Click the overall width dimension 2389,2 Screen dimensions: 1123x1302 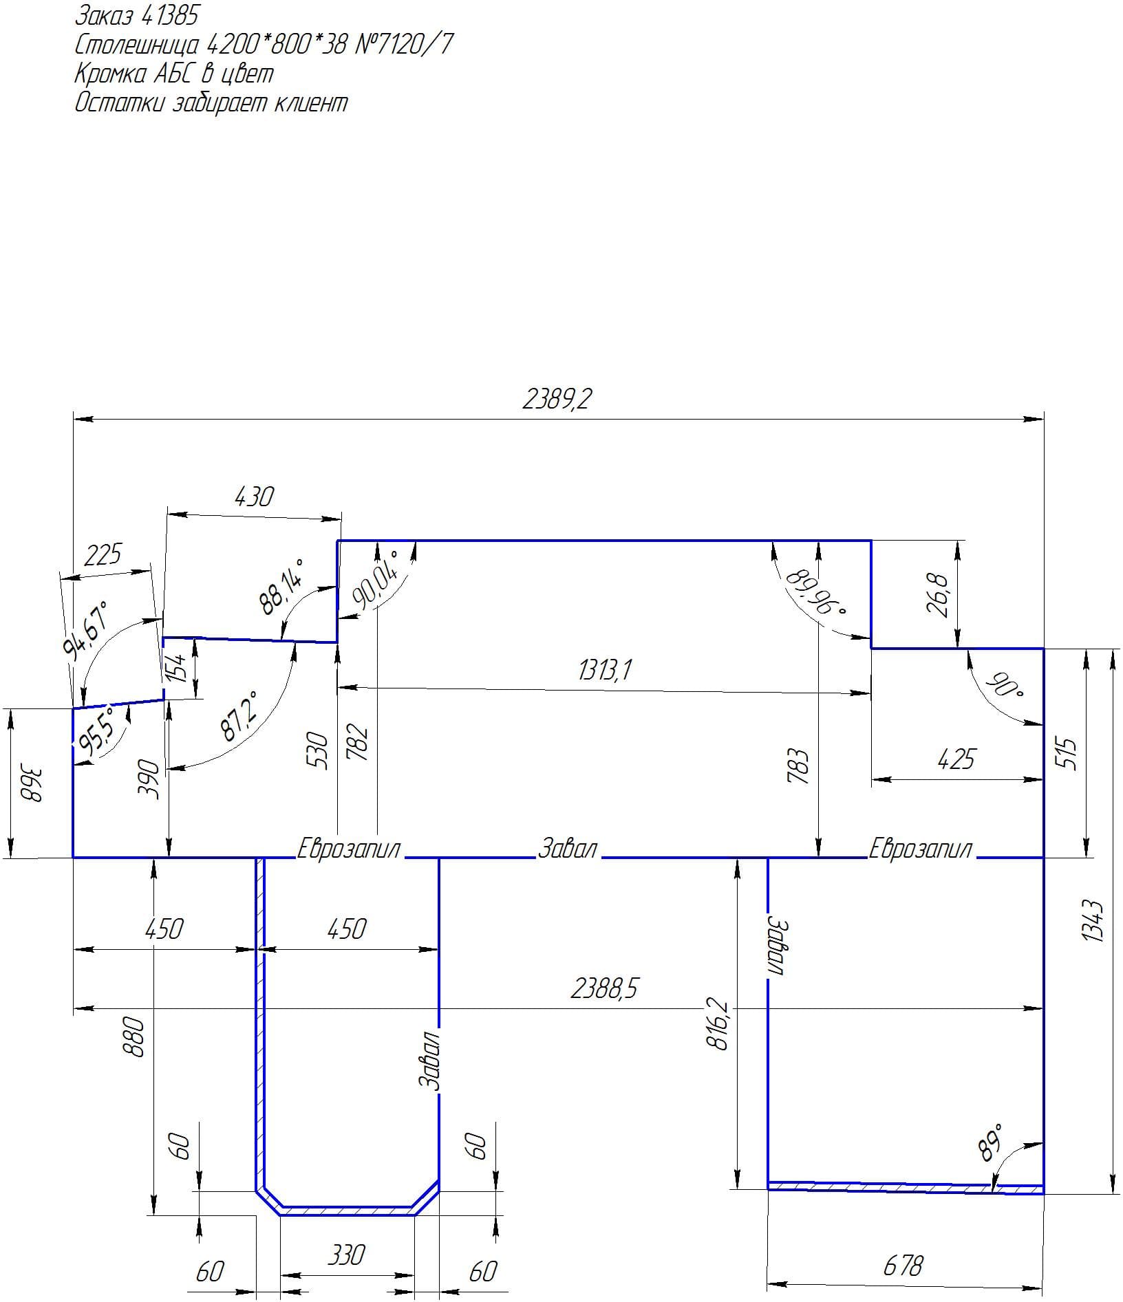click(557, 398)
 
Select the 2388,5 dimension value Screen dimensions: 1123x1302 click(604, 988)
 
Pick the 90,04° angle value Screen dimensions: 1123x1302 click(375, 579)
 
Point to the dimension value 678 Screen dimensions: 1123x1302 click(903, 1265)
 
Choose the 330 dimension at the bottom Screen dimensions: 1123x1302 click(345, 1255)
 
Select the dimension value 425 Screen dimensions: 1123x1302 click(956, 759)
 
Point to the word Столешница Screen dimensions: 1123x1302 click(138, 45)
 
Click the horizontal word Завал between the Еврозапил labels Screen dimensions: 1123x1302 click(567, 848)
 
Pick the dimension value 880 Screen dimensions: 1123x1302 click(136, 1037)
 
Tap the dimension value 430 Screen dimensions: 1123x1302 click(254, 496)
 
